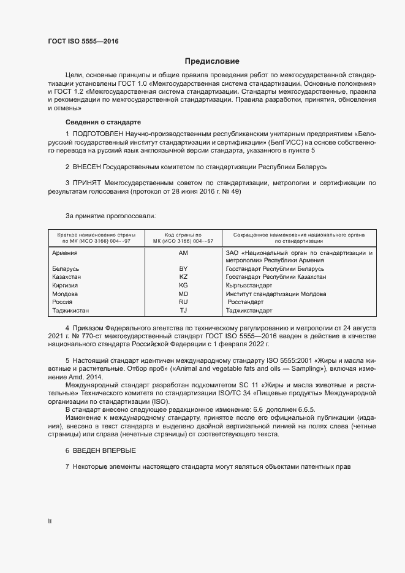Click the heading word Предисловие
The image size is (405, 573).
click(213, 61)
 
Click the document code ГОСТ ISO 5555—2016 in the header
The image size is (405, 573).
click(83, 42)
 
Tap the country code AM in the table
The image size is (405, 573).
click(183, 252)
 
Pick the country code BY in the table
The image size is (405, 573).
click(183, 269)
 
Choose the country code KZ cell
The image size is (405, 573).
click(183, 277)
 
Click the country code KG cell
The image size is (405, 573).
click(183, 286)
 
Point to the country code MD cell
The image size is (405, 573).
click(183, 294)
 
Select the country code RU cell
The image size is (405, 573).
click(183, 302)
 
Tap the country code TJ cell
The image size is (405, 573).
click(183, 311)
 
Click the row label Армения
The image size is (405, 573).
click(64, 252)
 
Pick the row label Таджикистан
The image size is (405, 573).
click(71, 311)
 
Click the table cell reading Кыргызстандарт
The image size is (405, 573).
click(249, 286)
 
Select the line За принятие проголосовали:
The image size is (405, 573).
click(110, 216)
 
